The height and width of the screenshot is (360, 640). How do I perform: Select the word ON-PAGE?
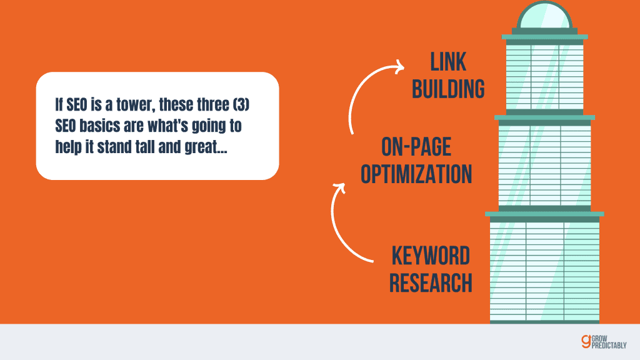(416, 147)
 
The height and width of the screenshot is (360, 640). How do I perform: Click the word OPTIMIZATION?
(416, 174)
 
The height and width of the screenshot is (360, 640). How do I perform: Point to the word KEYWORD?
(430, 256)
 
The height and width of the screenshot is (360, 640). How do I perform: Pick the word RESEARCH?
(430, 282)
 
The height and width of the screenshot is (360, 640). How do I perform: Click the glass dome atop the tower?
(544, 16)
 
